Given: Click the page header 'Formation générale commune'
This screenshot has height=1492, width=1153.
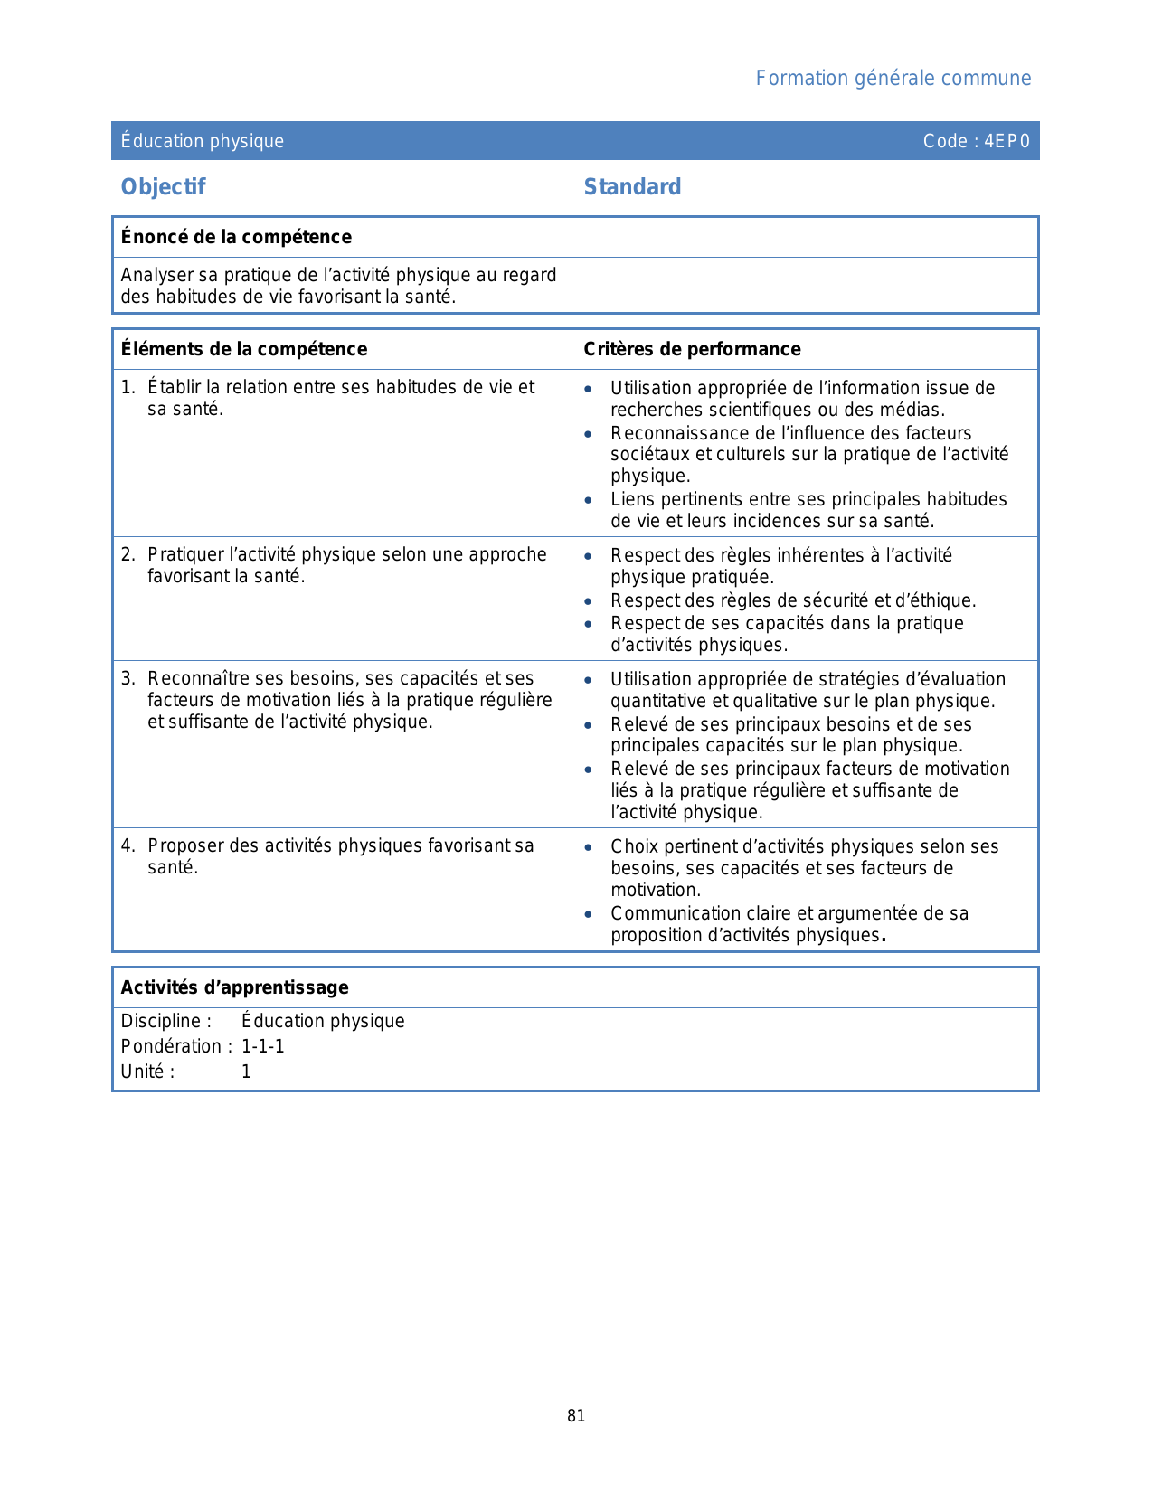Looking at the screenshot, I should [893, 79].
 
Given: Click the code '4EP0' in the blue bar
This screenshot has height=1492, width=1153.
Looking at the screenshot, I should [1007, 141].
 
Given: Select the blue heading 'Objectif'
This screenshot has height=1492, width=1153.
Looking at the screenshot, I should [164, 187].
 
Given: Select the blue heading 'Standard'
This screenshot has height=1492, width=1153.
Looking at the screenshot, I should [632, 187].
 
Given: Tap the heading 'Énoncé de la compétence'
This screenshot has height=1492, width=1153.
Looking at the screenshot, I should [236, 237].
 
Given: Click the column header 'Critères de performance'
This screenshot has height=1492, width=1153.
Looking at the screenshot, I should [692, 349].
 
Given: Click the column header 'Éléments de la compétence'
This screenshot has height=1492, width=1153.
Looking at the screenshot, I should [244, 349].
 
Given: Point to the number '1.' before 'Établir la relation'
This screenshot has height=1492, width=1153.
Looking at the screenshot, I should [128, 388].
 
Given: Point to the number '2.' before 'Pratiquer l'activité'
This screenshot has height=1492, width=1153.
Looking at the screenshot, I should [128, 555].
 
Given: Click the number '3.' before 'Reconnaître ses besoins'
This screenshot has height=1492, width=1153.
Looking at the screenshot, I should [128, 679].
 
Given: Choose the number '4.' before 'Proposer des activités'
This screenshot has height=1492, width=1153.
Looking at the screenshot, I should [128, 846].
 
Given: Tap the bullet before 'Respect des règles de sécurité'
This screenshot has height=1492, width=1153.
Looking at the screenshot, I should [589, 601].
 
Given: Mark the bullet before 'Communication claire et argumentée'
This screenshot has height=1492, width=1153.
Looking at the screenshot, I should [589, 914].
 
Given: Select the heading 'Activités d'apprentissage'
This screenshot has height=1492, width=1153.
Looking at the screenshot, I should [234, 987].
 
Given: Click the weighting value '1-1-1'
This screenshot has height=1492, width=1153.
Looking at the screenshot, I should [263, 1047].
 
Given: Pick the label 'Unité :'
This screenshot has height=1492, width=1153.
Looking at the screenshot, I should [148, 1072].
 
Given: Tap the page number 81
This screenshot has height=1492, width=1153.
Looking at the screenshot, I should [576, 1416].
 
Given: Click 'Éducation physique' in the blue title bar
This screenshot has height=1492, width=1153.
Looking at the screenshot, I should [203, 141].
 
